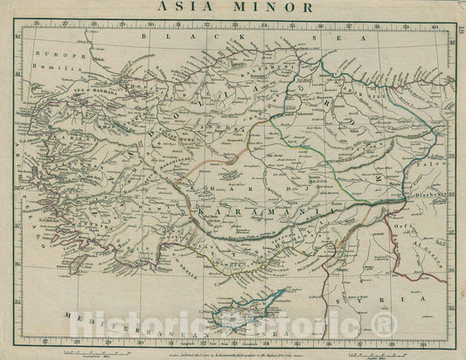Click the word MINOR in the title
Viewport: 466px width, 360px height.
(267, 8)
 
